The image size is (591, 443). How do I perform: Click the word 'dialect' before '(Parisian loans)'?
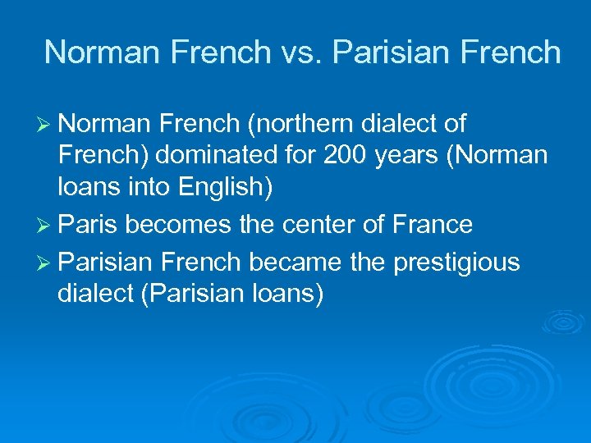tap(95, 293)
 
